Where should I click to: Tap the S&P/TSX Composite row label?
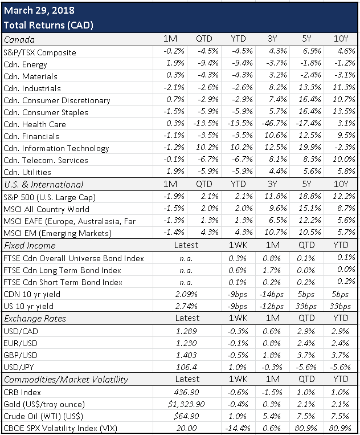[x=39, y=52]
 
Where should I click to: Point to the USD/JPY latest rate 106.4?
[x=179, y=367]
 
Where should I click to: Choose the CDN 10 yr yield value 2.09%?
[x=179, y=294]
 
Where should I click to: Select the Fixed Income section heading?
[x=30, y=245]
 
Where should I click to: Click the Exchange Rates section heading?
[x=35, y=319]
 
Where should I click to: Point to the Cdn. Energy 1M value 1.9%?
[x=178, y=64]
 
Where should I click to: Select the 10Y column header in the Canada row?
[x=342, y=40]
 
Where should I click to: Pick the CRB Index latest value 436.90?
[x=179, y=392]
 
